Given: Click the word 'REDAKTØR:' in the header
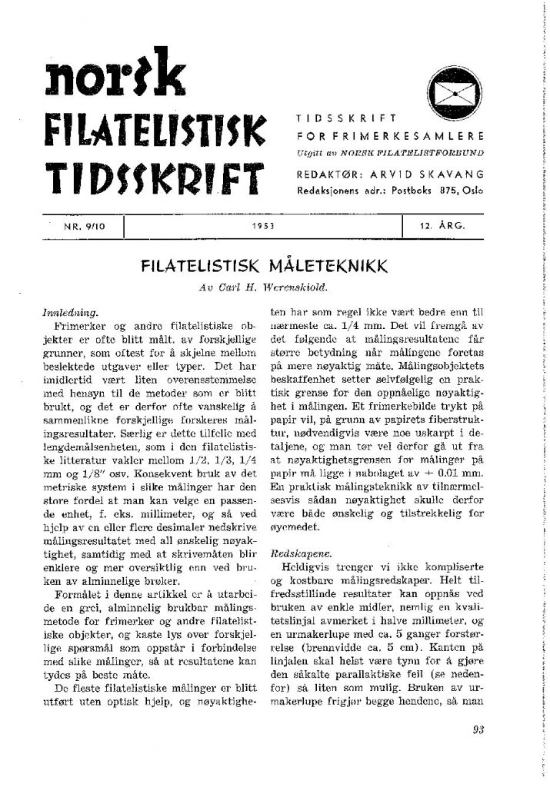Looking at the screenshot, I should click(324, 174).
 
